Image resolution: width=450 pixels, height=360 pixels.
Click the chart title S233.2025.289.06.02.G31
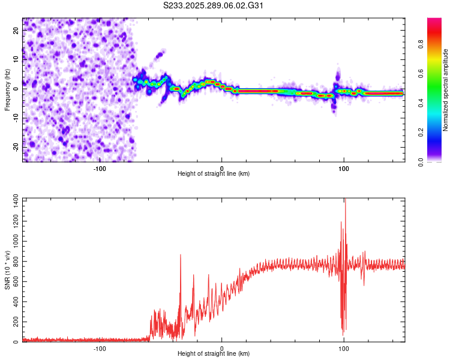(214, 6)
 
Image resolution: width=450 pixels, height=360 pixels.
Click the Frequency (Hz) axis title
(7, 89)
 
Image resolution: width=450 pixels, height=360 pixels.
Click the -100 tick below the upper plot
(100, 169)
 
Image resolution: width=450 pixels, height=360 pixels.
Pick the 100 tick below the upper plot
(344, 169)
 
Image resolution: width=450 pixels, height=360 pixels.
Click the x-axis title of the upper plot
(214, 174)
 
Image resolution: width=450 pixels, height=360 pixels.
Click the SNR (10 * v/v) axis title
(7, 270)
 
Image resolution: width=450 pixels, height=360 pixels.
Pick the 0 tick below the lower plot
(221, 349)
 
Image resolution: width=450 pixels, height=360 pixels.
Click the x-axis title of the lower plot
(214, 354)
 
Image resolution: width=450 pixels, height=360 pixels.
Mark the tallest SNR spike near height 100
(345, 200)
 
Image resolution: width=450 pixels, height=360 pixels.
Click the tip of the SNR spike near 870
(181, 254)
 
